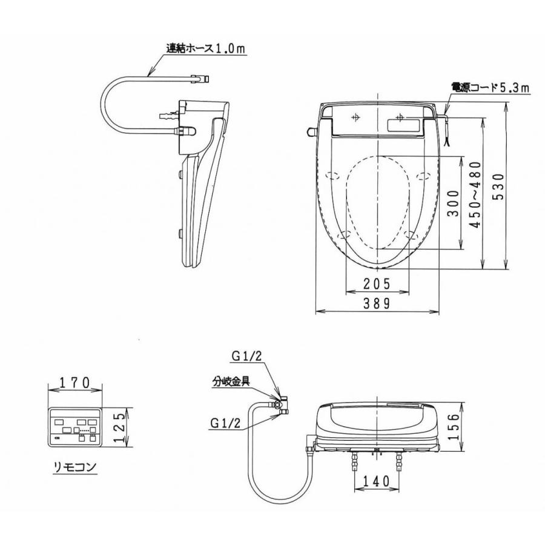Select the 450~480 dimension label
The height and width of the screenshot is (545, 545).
(474, 193)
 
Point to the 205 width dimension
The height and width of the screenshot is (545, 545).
(377, 283)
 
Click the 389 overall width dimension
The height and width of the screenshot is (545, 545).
(377, 304)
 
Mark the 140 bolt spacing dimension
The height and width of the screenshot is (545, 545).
(376, 481)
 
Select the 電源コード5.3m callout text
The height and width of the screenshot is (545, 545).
(490, 88)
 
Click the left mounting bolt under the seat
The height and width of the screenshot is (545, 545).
(354, 463)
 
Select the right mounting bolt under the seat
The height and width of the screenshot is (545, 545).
(398, 463)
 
